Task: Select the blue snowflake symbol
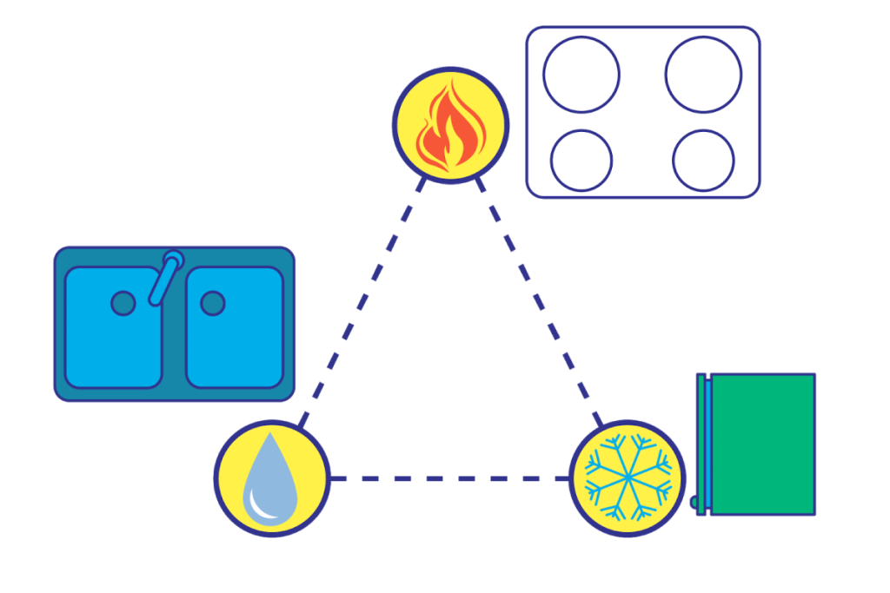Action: tap(628, 478)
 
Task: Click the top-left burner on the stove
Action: tap(581, 75)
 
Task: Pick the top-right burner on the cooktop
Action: tap(703, 75)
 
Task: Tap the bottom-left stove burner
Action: tap(581, 160)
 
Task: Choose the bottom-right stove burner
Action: tap(703, 160)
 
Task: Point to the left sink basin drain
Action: tap(123, 303)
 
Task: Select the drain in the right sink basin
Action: tap(213, 303)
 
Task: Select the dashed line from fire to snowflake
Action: tap(539, 303)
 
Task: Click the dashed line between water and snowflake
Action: tap(448, 478)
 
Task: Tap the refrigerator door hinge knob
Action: tap(694, 502)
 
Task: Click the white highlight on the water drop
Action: tap(256, 504)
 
